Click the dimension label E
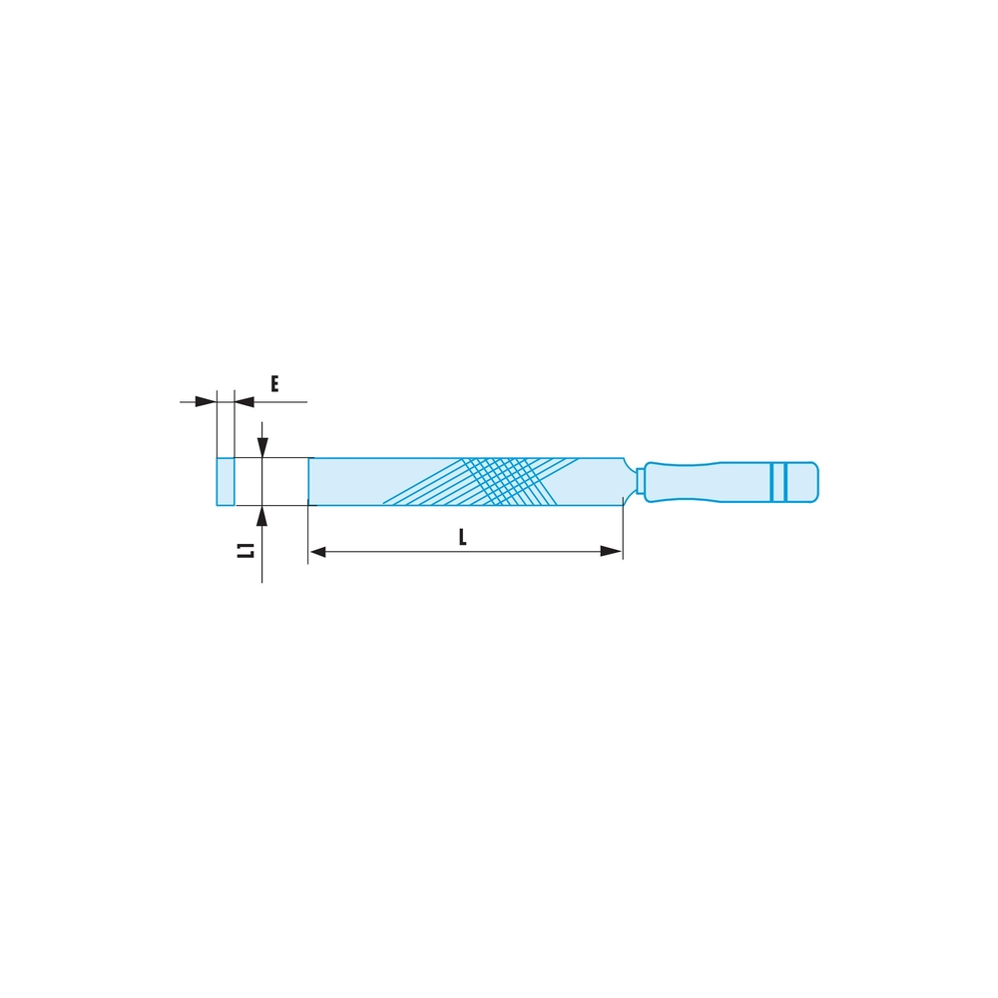coord(274,384)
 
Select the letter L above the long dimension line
coord(463,537)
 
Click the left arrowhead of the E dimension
coord(206,401)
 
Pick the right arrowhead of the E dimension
coord(246,401)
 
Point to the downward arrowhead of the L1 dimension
coord(261,447)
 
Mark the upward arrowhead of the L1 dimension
coord(261,516)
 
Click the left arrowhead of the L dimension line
coord(318,551)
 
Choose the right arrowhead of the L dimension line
coord(612,551)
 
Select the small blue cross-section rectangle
coord(226,482)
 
